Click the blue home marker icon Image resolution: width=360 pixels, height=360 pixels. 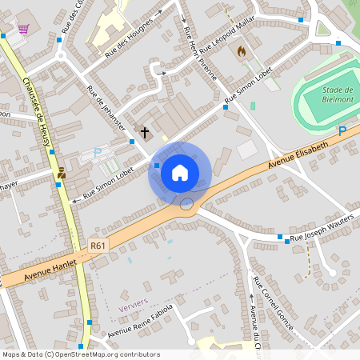click(x=180, y=172)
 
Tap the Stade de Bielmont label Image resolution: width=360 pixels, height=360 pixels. click(x=338, y=94)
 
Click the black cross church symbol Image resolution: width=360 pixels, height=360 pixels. click(x=145, y=131)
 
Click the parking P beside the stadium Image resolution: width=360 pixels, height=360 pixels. click(x=342, y=130)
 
